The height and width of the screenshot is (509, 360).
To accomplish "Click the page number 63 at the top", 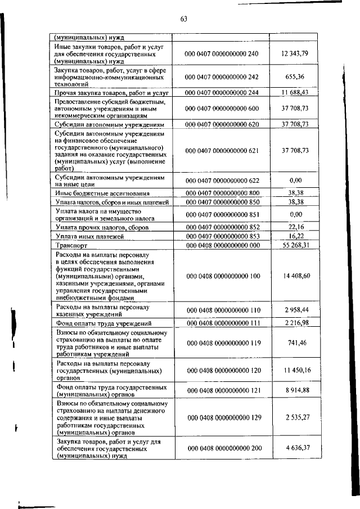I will (183, 19).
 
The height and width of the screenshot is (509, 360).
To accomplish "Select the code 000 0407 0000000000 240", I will (221, 53).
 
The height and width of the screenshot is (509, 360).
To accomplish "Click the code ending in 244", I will (221, 92).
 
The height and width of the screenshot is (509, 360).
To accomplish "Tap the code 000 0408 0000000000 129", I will (221, 418).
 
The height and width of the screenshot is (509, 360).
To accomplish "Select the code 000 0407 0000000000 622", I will (221, 181).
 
